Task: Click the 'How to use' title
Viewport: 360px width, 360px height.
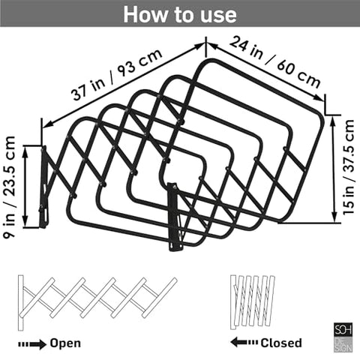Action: pos(180,14)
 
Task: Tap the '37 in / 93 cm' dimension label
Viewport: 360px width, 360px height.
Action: pos(117,74)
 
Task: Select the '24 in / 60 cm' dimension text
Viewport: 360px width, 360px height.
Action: pos(275,62)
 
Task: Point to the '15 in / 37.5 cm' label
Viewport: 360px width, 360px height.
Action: pos(349,167)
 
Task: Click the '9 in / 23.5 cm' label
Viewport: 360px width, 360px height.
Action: pos(10,187)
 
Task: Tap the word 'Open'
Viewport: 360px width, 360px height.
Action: pos(65,343)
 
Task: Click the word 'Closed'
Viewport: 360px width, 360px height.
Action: pos(281,343)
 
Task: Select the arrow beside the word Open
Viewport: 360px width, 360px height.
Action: pos(32,344)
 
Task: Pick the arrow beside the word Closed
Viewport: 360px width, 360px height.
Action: pos(244,342)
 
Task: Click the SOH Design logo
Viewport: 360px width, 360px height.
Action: pos(343,337)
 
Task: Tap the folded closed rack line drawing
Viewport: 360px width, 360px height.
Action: pos(253,302)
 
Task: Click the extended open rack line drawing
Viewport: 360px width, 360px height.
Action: pos(97,303)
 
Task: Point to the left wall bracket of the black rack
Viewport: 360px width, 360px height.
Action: pos(43,187)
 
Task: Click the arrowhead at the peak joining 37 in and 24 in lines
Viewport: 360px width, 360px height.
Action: pos(205,44)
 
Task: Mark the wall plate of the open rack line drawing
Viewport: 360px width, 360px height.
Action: pos(21,303)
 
